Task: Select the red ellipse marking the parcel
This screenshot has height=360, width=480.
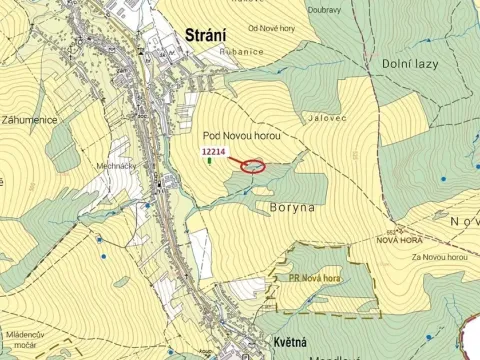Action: (254, 165)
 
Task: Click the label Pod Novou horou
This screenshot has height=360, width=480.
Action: (241, 134)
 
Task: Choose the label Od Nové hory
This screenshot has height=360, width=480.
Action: (248, 28)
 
